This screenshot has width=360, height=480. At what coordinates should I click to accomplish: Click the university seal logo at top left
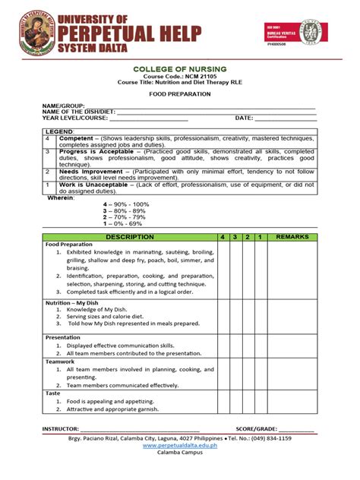pos(29,33)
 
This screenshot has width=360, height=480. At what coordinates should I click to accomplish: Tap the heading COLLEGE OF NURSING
pos(179,69)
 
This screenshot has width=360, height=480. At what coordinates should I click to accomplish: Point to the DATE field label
pos(243,118)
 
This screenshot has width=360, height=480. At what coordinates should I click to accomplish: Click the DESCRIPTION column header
pos(129,238)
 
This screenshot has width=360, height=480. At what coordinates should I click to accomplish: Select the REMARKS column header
pos(292,238)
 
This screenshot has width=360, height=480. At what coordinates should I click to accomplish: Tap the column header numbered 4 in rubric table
pos(223,238)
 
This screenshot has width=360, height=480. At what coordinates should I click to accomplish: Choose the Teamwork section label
pos(60,362)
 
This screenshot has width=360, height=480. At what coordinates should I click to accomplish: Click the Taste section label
pos(53,393)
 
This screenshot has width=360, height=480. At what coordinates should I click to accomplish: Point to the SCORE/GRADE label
pos(256,429)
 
